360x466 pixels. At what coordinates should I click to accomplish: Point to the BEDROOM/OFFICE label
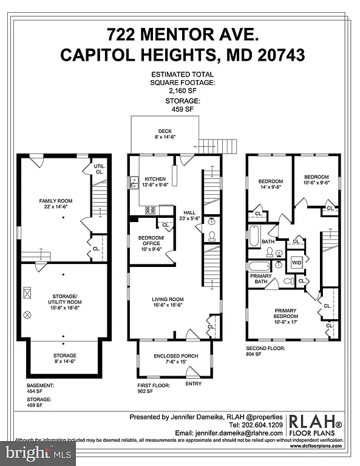[x=151, y=241]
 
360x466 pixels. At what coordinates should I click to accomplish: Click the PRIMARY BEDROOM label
[x=285, y=313]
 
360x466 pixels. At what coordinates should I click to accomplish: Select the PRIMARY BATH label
[x=261, y=279]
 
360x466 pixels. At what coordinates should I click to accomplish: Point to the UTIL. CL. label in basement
[x=99, y=169]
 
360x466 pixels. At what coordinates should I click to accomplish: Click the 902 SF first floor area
[x=146, y=392]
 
